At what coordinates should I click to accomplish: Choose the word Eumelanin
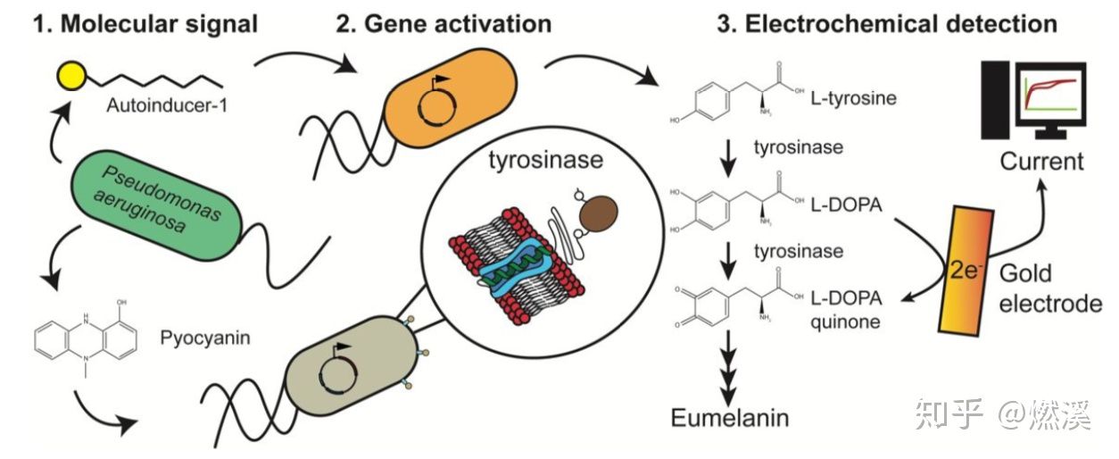[x=731, y=419]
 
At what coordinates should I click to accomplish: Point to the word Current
[x=1041, y=162]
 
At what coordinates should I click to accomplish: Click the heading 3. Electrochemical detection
[x=887, y=23]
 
